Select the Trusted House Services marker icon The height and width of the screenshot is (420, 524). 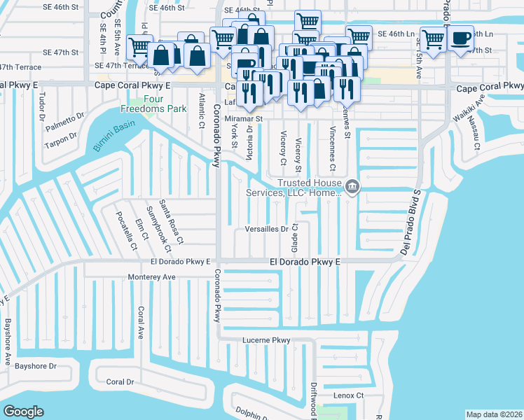click(352, 186)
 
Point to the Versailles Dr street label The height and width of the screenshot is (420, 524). click(267, 229)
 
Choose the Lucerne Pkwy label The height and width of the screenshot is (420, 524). click(266, 341)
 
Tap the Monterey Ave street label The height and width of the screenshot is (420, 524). click(151, 277)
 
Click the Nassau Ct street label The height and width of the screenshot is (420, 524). click(476, 139)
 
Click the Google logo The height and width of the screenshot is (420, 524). click(23, 412)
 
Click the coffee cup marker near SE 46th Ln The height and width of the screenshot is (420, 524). click(460, 38)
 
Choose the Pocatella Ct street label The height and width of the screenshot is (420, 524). click(125, 228)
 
